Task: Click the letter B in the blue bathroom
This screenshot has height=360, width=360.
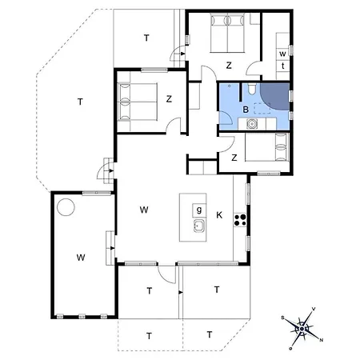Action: [245, 109]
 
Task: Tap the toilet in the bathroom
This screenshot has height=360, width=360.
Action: [251, 90]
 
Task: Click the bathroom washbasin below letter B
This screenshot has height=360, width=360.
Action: [252, 124]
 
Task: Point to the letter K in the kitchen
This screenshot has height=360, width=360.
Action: [219, 214]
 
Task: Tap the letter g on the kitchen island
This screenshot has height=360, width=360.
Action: [197, 210]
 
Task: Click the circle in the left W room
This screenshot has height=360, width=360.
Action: [66, 206]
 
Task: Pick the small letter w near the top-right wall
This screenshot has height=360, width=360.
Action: [282, 54]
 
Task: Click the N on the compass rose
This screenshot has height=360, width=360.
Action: [322, 339]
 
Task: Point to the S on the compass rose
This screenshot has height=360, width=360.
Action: [282, 318]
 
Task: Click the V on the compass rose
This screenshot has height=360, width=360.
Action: [313, 309]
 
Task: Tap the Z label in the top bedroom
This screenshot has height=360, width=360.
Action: [229, 65]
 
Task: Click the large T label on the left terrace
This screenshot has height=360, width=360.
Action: [81, 102]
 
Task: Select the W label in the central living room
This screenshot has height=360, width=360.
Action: [144, 210]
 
